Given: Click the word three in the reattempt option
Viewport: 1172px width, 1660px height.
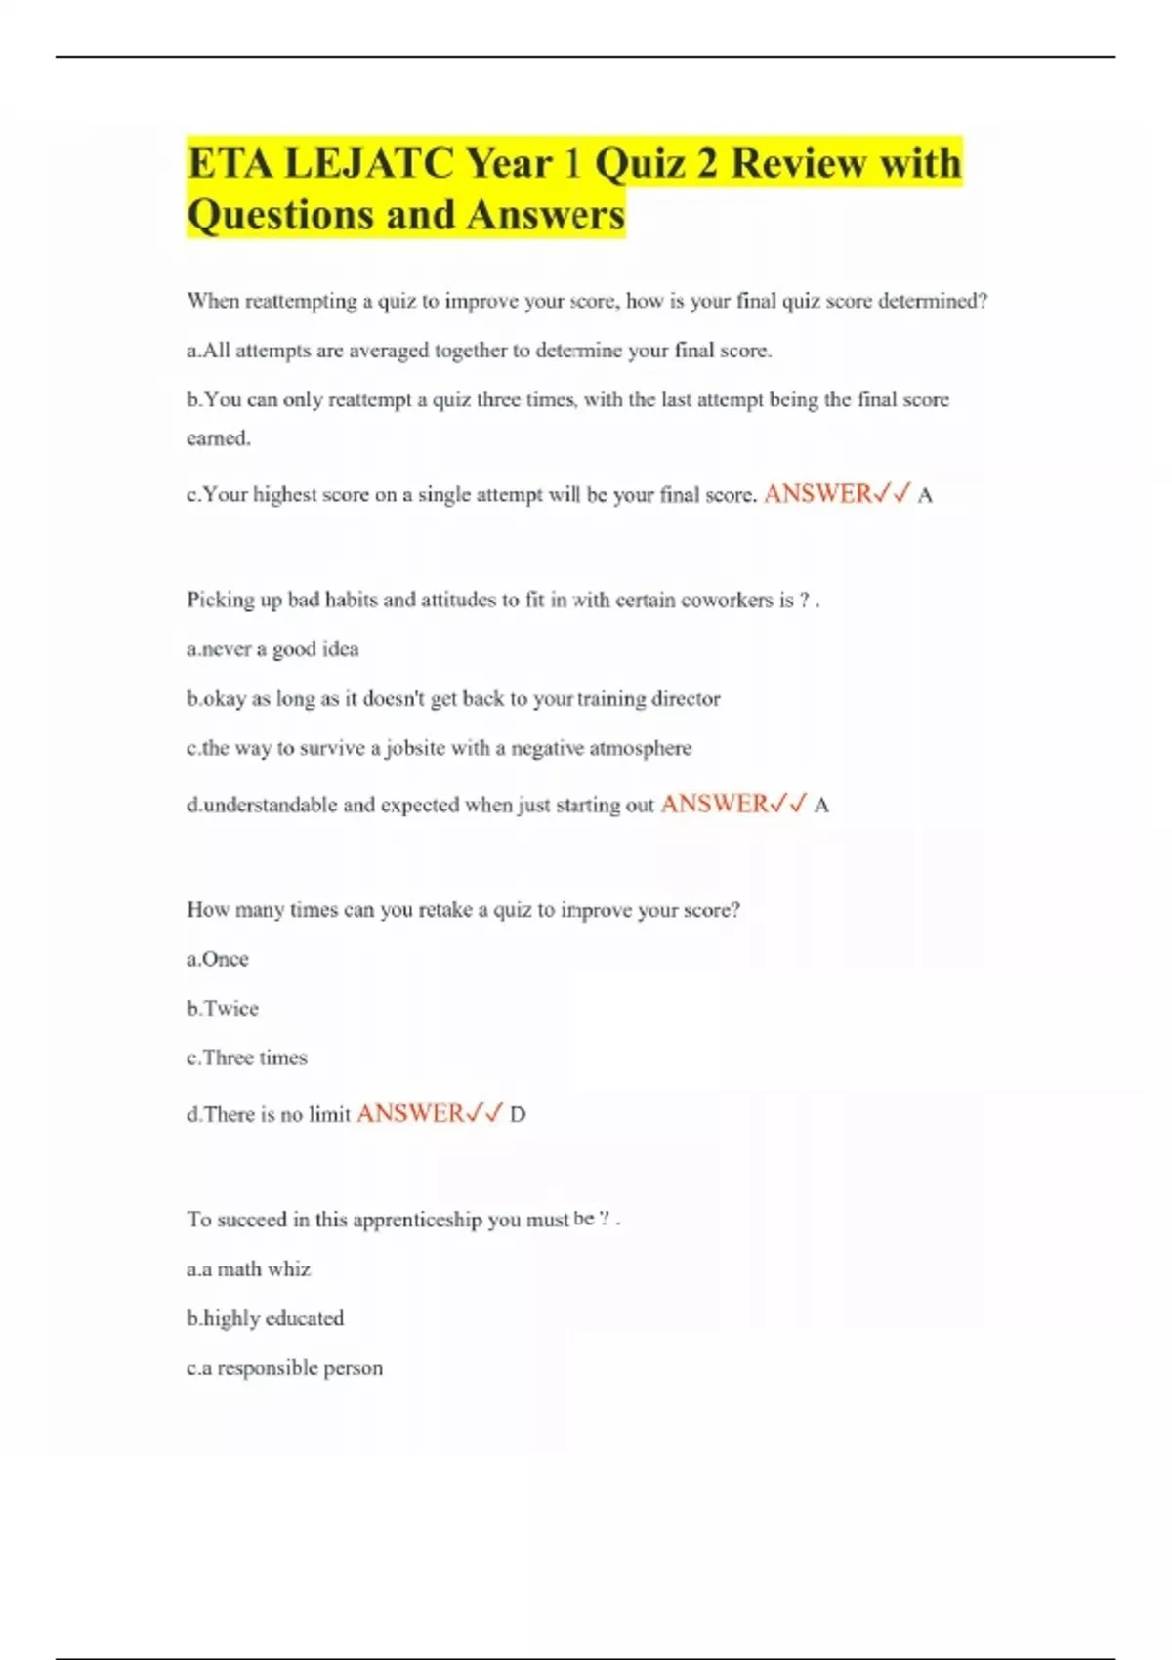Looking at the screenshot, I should tap(498, 399).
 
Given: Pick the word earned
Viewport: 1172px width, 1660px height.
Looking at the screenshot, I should tap(219, 438).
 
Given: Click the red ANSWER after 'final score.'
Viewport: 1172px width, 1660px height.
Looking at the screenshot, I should tap(817, 494).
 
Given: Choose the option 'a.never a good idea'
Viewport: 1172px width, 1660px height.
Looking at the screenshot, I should tap(272, 649).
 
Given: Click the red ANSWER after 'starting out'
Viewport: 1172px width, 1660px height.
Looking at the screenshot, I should tap(715, 804).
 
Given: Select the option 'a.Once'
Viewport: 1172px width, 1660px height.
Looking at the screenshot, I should tap(218, 959).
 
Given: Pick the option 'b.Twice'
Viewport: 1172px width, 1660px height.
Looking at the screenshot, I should tap(223, 1009).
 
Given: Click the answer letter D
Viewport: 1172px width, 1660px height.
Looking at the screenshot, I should tap(518, 1114).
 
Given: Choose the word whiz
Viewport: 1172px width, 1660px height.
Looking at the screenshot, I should tap(289, 1269).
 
